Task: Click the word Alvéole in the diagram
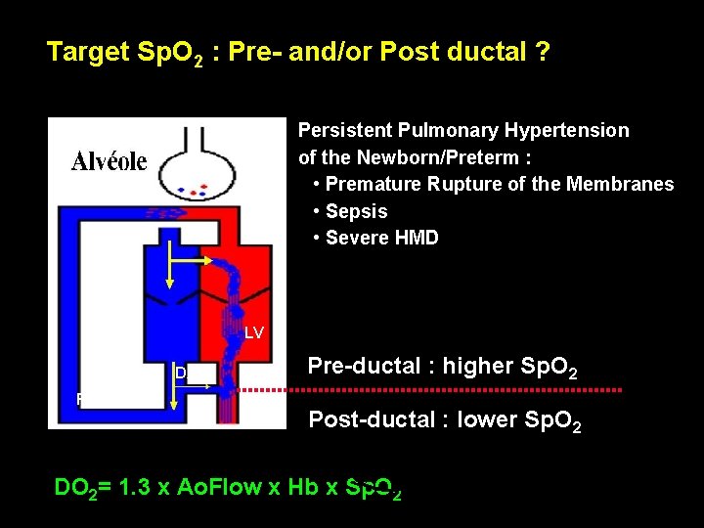click(x=110, y=161)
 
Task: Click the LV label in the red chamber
click(x=253, y=332)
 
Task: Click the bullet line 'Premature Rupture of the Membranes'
click(x=499, y=184)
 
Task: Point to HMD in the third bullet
click(x=415, y=238)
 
